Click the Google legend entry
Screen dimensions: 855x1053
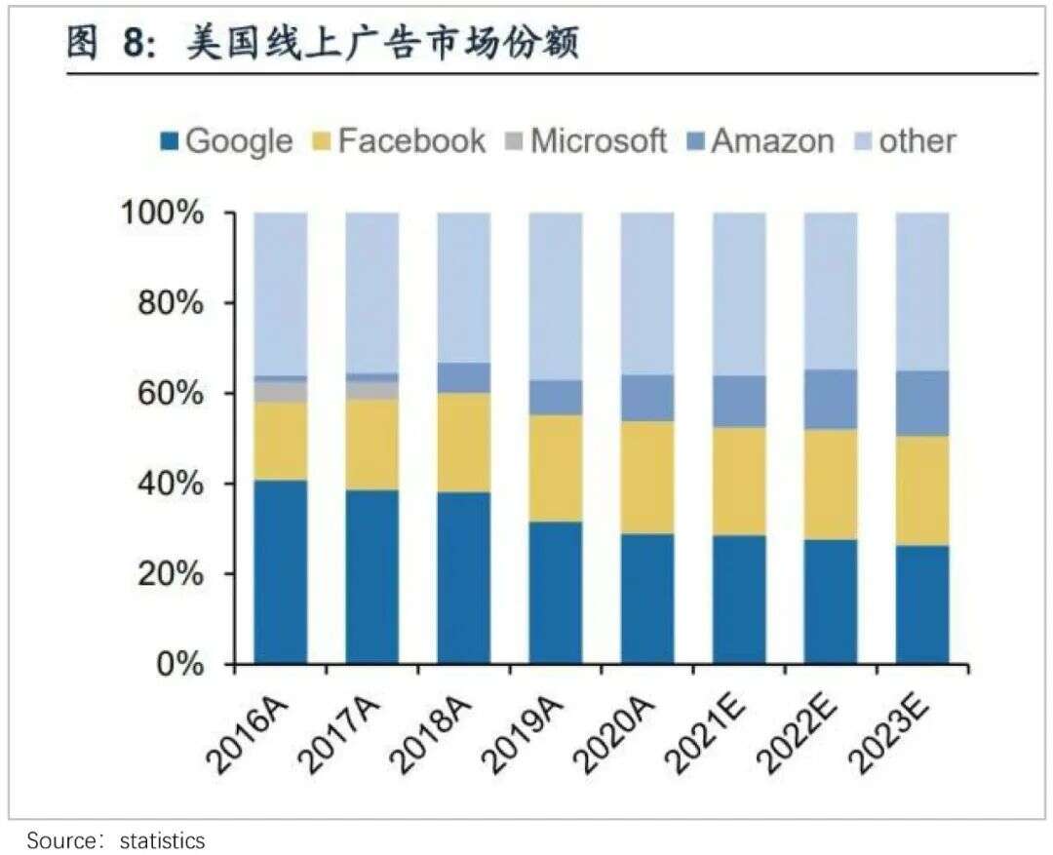[226, 141]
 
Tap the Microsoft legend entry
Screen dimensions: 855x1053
[585, 141]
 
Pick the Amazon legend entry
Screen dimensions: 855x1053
[760, 141]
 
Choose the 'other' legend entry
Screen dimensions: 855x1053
[903, 141]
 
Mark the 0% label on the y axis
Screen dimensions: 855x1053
[182, 665]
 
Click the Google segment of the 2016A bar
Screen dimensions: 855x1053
[281, 571]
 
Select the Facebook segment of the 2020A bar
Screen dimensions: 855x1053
[647, 478]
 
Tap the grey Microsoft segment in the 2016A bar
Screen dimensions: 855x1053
[281, 391]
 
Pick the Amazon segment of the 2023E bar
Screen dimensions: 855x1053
[922, 403]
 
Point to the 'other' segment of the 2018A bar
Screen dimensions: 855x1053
[464, 288]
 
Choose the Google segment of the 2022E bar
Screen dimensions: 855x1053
[831, 602]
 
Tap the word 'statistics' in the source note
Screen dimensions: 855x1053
[162, 839]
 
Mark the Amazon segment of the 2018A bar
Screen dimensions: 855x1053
[464, 378]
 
